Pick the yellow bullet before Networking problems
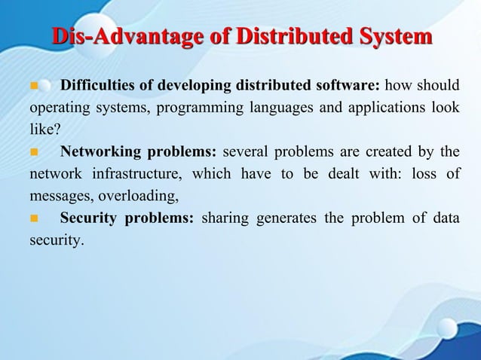[33, 152]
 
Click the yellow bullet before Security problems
[33, 220]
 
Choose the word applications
[372, 107]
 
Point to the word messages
[51, 197]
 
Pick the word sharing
[225, 219]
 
